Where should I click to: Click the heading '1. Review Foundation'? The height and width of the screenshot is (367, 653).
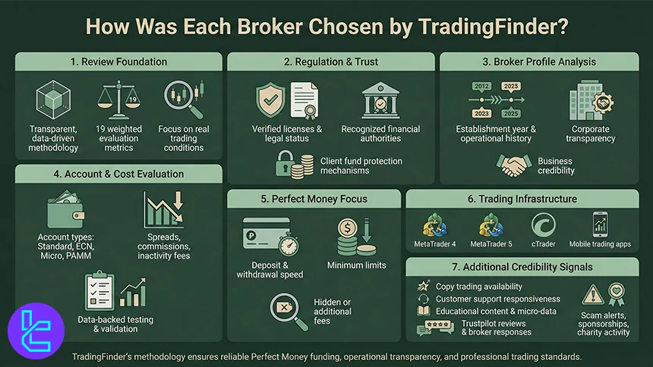[118, 61]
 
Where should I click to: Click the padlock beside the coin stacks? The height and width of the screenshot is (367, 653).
[286, 165]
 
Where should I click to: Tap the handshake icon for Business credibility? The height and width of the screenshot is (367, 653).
[515, 165]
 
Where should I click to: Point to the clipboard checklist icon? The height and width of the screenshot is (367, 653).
[102, 291]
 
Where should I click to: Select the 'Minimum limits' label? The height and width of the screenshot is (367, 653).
[356, 265]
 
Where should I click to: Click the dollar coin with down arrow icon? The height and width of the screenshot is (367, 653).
[355, 237]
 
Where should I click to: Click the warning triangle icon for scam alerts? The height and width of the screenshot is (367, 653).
[593, 295]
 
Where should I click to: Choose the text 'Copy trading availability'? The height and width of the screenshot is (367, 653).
[478, 287]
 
